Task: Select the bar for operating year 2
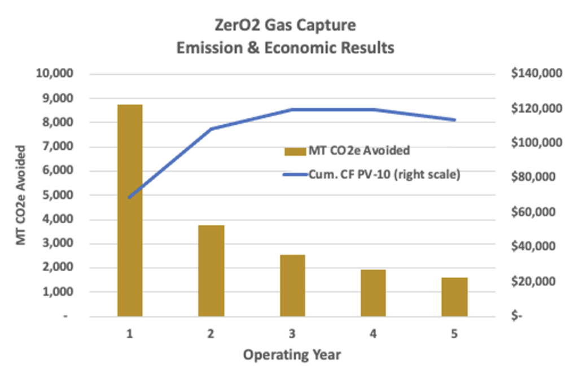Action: tap(211, 271)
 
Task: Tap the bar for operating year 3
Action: tap(292, 285)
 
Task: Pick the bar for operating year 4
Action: tap(373, 293)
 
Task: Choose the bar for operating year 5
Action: tap(454, 297)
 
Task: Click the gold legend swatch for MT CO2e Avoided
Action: tap(295, 151)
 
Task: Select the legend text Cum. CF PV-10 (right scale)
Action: tap(384, 175)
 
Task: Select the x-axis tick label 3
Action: tap(292, 334)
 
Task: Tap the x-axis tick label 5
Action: tap(454, 334)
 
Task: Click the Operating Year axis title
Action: tap(292, 355)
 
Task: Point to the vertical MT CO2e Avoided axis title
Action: tap(21, 195)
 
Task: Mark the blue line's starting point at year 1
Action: tap(130, 198)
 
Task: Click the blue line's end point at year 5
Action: tap(454, 120)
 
